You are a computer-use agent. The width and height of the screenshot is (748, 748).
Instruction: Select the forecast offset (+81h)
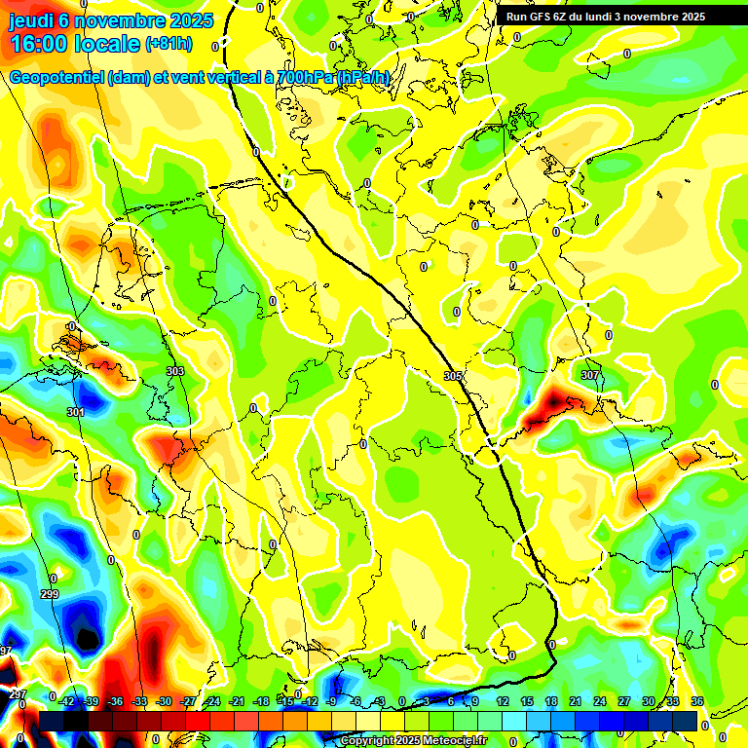click(x=168, y=45)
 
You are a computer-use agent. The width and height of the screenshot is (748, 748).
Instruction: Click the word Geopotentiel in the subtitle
click(x=58, y=78)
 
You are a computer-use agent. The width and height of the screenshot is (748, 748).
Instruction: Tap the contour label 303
click(x=175, y=371)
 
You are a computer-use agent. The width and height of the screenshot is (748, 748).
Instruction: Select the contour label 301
click(x=76, y=412)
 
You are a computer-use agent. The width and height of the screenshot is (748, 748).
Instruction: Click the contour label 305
click(x=453, y=376)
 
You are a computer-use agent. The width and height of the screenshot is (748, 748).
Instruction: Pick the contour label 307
click(x=590, y=375)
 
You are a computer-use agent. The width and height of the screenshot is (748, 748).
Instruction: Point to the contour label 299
click(x=50, y=594)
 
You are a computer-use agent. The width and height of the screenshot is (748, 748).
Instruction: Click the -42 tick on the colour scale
click(x=67, y=701)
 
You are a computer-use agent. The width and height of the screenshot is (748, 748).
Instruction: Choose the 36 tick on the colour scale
click(x=697, y=701)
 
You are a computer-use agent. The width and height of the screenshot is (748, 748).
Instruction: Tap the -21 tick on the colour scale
click(x=237, y=701)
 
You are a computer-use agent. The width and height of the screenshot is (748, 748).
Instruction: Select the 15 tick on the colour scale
click(x=526, y=701)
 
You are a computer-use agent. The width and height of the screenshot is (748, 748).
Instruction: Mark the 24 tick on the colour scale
click(x=601, y=701)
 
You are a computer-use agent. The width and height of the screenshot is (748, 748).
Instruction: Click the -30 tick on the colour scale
click(x=164, y=701)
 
